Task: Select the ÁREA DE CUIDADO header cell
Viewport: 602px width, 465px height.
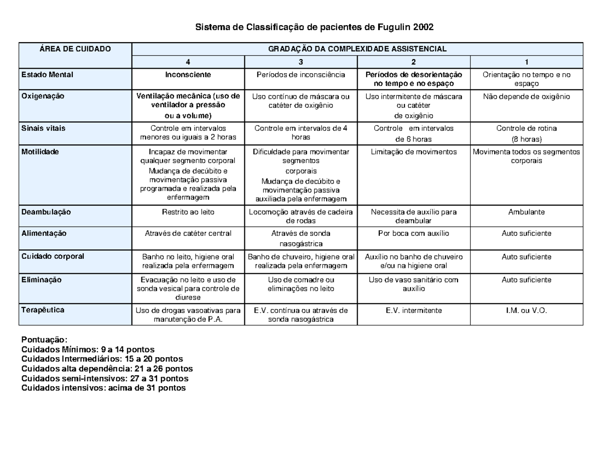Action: click(75, 49)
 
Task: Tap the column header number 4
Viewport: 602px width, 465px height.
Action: click(188, 62)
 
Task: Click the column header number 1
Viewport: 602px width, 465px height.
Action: click(526, 62)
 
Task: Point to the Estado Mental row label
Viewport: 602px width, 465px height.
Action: click(47, 75)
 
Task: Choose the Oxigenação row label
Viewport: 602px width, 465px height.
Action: click(43, 96)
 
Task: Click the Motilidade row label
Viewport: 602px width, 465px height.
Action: click(40, 151)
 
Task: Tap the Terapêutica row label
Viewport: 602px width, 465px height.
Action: click(43, 310)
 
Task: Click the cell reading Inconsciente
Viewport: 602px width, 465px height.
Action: click(188, 75)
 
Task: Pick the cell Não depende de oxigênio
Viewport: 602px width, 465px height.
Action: click(526, 96)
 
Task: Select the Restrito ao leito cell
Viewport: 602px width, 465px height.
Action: click(188, 212)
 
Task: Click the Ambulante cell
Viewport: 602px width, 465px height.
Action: click(526, 212)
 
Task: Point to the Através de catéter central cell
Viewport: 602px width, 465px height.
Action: click(188, 233)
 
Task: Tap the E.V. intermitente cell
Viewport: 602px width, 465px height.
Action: click(414, 311)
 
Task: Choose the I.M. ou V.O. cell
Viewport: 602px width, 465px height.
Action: click(526, 311)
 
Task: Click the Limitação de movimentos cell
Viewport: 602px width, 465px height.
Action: click(414, 152)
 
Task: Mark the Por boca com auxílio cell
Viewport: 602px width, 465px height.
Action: click(414, 233)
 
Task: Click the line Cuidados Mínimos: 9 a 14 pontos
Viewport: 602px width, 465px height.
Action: click(88, 349)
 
